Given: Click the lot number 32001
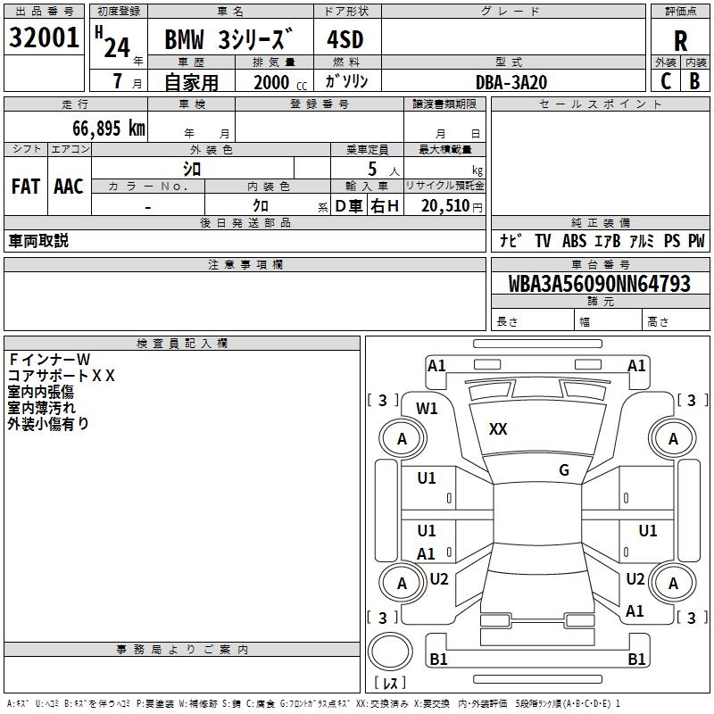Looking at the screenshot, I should (x=45, y=38).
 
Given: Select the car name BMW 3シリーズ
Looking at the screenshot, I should (x=228, y=41).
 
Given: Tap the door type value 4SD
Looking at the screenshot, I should (x=346, y=41).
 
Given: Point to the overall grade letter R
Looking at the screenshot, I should (x=680, y=41).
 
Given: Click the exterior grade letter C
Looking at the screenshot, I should (x=666, y=81).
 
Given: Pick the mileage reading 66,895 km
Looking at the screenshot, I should (x=104, y=129).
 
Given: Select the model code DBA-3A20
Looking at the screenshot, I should (x=511, y=82).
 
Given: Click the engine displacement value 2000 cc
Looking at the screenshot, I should (x=277, y=82).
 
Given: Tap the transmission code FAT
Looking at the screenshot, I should (x=26, y=187).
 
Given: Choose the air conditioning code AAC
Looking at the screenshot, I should (x=69, y=187).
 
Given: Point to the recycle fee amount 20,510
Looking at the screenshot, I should (x=445, y=206).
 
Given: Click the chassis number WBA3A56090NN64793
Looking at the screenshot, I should (x=599, y=285).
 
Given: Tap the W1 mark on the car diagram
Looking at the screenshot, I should (x=427, y=409).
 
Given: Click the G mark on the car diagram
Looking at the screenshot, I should (x=564, y=470).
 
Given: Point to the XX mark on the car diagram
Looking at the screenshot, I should (x=498, y=429).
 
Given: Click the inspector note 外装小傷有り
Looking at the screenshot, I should (x=49, y=424).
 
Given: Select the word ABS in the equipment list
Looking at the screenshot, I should (x=575, y=241).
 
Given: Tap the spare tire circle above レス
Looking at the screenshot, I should (x=389, y=652).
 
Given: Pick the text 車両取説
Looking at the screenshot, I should (x=38, y=241).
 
